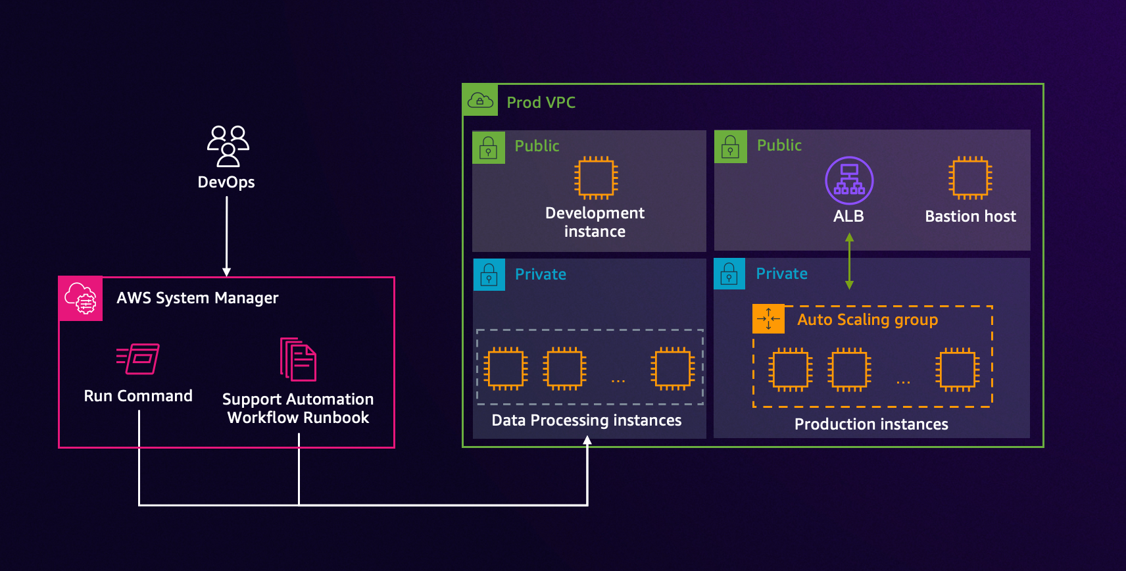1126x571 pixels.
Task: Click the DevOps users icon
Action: point(228,146)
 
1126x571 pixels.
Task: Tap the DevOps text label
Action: point(226,182)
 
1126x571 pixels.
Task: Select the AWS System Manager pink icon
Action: point(80,299)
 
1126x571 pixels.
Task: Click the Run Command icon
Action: point(138,359)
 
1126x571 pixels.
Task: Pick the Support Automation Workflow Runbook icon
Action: point(298,359)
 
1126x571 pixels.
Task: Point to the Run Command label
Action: point(138,396)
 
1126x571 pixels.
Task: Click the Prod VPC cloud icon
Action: point(480,101)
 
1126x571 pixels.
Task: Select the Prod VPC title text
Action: point(541,103)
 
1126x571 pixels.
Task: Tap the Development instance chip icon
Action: point(596,178)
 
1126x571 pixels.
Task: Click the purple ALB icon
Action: point(849,180)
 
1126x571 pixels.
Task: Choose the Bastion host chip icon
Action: point(970,178)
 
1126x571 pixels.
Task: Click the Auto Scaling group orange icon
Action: point(768,319)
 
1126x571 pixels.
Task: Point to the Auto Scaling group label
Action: point(868,320)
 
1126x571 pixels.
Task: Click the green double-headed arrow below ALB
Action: point(849,261)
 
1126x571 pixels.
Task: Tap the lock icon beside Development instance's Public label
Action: point(488,147)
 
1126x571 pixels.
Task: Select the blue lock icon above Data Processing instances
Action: point(489,275)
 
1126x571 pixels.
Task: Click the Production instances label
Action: point(871,424)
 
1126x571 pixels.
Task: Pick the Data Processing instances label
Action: point(586,420)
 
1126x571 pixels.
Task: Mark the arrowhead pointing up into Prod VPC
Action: point(587,440)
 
